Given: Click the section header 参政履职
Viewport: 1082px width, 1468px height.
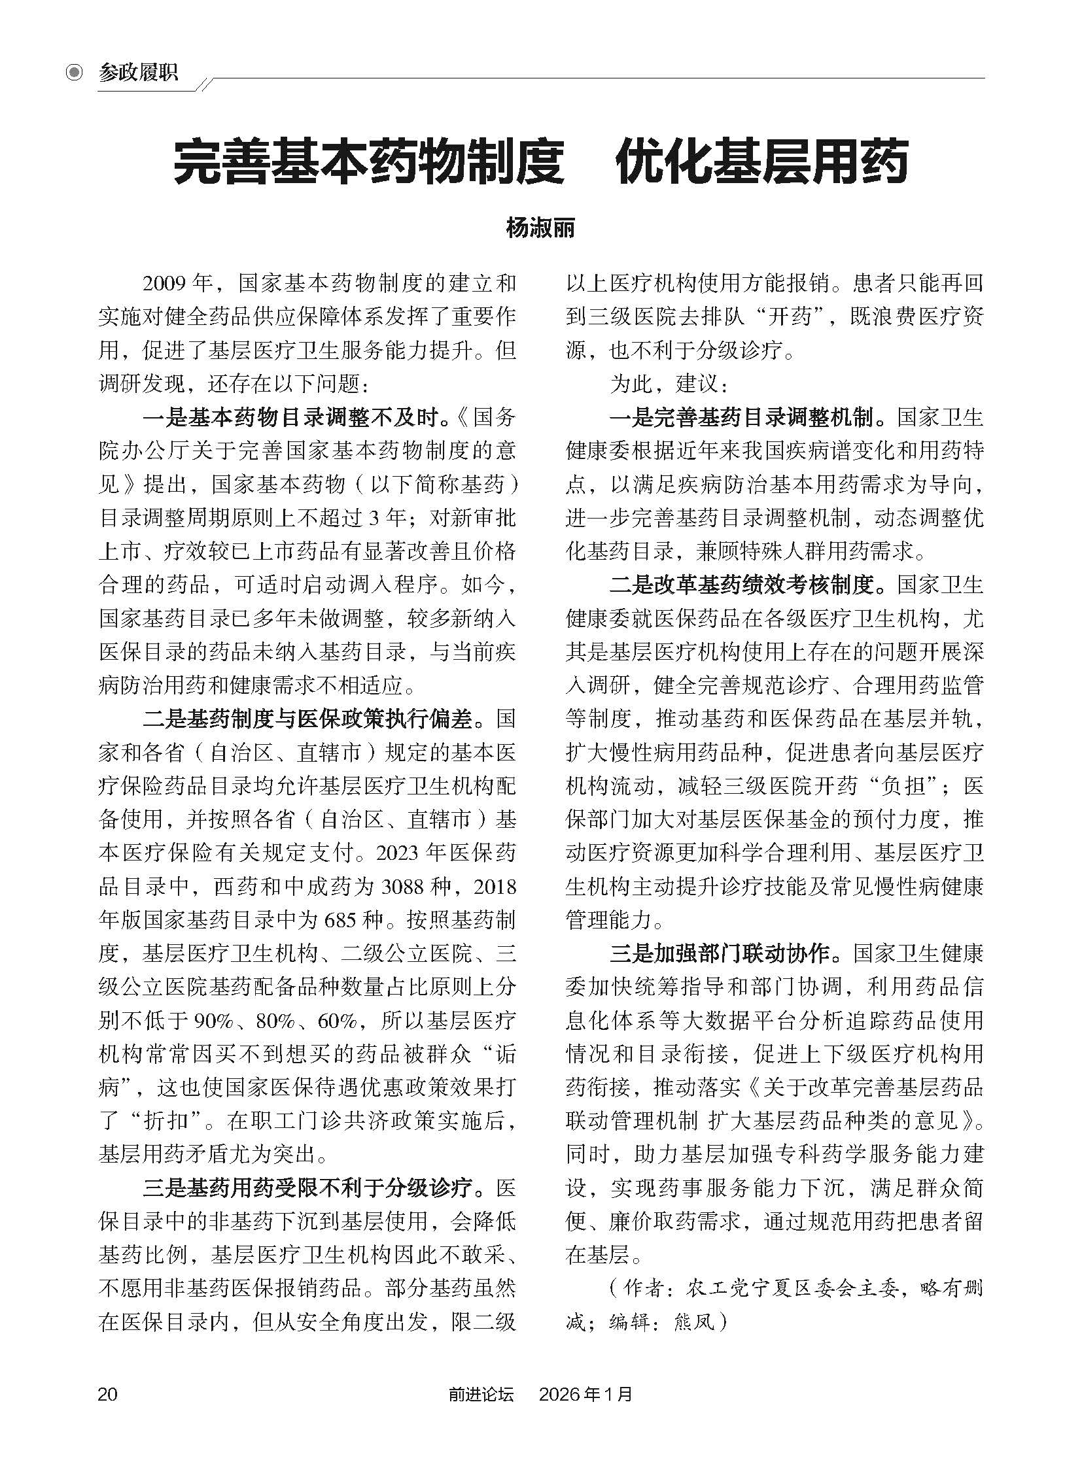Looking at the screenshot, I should click(x=138, y=73).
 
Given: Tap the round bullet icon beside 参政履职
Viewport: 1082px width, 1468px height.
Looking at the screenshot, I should click(x=75, y=73).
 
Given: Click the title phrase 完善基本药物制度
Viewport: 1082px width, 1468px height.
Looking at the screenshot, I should click(x=369, y=162).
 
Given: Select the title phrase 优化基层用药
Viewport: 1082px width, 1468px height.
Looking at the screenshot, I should click(x=761, y=162).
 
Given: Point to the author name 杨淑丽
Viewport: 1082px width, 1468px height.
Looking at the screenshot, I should click(x=540, y=229).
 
